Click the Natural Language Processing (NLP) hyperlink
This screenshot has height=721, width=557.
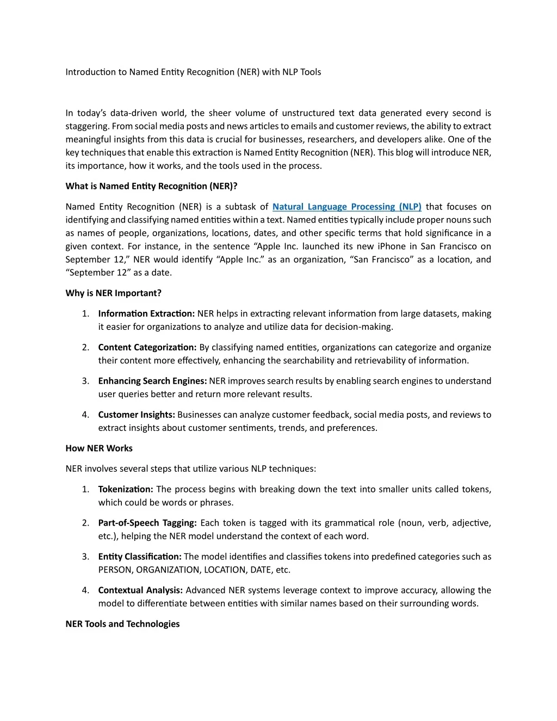tap(346, 207)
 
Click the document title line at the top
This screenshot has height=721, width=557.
tap(193, 72)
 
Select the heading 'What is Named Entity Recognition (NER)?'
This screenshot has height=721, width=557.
tap(151, 186)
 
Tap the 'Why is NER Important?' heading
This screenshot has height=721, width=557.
tap(113, 293)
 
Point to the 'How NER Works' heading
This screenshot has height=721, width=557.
tap(99, 448)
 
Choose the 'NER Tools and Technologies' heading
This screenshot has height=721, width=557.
tap(122, 624)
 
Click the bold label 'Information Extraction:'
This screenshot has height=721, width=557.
tap(146, 313)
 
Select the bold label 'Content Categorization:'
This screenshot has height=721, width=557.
tap(147, 347)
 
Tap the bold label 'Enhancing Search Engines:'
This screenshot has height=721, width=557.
tap(152, 381)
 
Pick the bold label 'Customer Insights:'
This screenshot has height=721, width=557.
tap(137, 415)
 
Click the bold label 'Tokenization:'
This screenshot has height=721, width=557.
tap(126, 489)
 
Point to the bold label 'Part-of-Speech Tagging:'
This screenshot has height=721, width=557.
tap(147, 523)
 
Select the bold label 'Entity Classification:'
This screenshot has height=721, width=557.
tap(140, 557)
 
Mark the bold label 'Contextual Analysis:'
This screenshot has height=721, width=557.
tap(140, 590)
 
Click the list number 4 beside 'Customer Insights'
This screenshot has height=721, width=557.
tap(85, 415)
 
